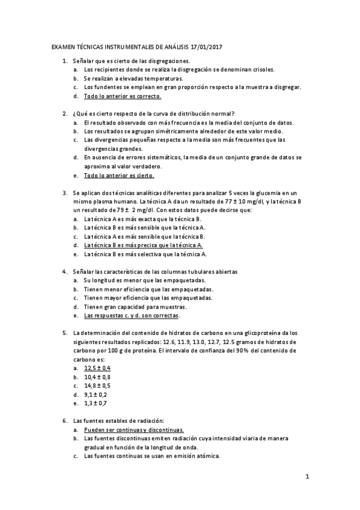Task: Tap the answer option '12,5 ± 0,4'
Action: point(97,367)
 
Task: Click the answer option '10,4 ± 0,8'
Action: point(97,376)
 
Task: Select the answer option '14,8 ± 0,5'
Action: point(97,386)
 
